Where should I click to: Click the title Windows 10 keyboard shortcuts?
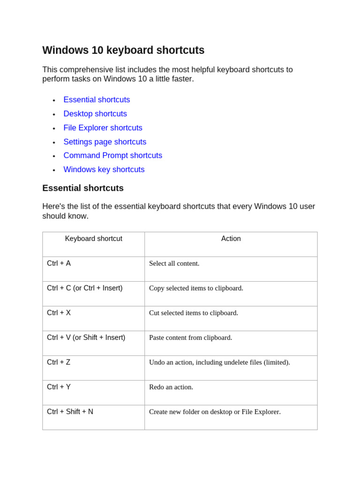[x=123, y=50]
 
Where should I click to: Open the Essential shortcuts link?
[x=97, y=100]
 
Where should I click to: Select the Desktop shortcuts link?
[x=95, y=114]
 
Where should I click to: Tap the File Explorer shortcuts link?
[x=103, y=128]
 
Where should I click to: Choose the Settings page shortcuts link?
[x=105, y=142]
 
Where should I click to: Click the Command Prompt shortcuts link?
[x=112, y=156]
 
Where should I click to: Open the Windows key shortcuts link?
[x=104, y=170]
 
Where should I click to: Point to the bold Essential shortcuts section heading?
[x=83, y=188]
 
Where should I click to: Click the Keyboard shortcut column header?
[x=93, y=239]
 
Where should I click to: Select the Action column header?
[x=231, y=239]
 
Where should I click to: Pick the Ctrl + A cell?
[x=59, y=263]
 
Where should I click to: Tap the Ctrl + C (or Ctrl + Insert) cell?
[x=84, y=288]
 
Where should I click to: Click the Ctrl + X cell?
[x=59, y=313]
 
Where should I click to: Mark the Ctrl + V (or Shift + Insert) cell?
[x=86, y=337]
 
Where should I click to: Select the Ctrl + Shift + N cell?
[x=70, y=412]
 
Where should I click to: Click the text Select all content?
[x=174, y=263]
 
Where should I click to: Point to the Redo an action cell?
[x=171, y=387]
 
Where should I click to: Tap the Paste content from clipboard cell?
[x=190, y=337]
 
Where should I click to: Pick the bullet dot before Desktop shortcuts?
[x=54, y=114]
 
